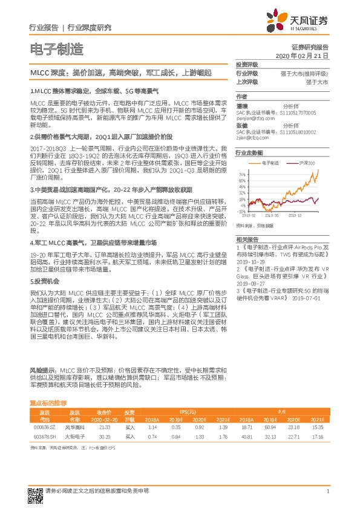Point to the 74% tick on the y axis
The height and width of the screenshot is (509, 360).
point(241,173)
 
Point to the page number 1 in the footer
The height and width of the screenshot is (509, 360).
point(327,491)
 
